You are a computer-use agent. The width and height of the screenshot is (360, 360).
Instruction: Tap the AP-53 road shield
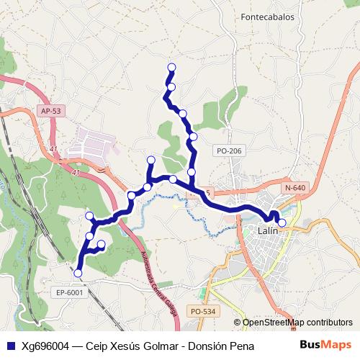(x=51, y=111)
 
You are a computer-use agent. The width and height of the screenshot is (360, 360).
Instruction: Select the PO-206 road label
(x=230, y=150)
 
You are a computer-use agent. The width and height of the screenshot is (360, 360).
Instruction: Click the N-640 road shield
(x=295, y=187)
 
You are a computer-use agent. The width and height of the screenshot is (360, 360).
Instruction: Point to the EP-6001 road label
(x=70, y=292)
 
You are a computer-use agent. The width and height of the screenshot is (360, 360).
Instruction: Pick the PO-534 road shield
(x=202, y=311)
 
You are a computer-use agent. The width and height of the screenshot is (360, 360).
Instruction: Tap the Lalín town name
(x=268, y=231)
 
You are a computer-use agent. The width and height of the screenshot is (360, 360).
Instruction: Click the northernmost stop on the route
(x=171, y=68)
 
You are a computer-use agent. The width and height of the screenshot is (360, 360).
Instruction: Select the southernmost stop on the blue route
(x=78, y=273)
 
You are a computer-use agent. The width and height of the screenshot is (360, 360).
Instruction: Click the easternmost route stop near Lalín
(x=282, y=222)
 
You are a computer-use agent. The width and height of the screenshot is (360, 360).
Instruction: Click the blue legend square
(x=10, y=346)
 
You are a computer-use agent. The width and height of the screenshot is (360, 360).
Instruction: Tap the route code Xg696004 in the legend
(x=45, y=346)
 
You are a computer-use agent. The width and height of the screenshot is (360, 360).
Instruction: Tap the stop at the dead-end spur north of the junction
(x=150, y=160)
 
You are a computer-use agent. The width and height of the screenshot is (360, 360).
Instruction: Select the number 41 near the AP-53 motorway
(x=53, y=149)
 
